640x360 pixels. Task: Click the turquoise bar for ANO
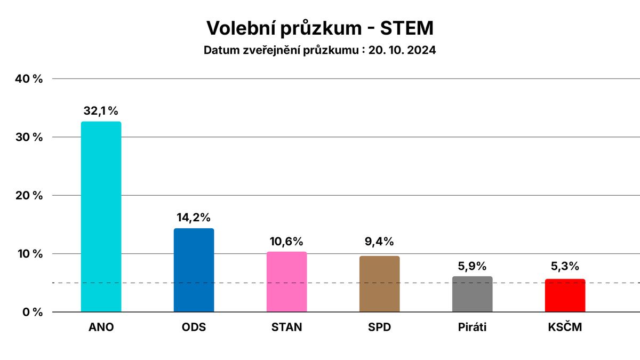click(101, 217)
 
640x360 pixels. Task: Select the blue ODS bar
click(194, 270)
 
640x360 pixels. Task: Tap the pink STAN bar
click(286, 282)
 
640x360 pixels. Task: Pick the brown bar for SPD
click(379, 284)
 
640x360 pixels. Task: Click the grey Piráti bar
click(472, 294)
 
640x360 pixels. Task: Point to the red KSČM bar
click(565, 295)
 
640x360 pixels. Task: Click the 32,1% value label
click(101, 111)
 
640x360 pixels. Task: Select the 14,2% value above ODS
click(194, 217)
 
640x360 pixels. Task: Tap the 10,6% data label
click(286, 241)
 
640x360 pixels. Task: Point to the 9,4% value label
click(379, 241)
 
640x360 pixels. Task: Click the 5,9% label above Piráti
click(472, 266)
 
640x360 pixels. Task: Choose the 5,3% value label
click(565, 266)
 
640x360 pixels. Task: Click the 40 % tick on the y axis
click(30, 79)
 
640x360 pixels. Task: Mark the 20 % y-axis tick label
click(30, 195)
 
